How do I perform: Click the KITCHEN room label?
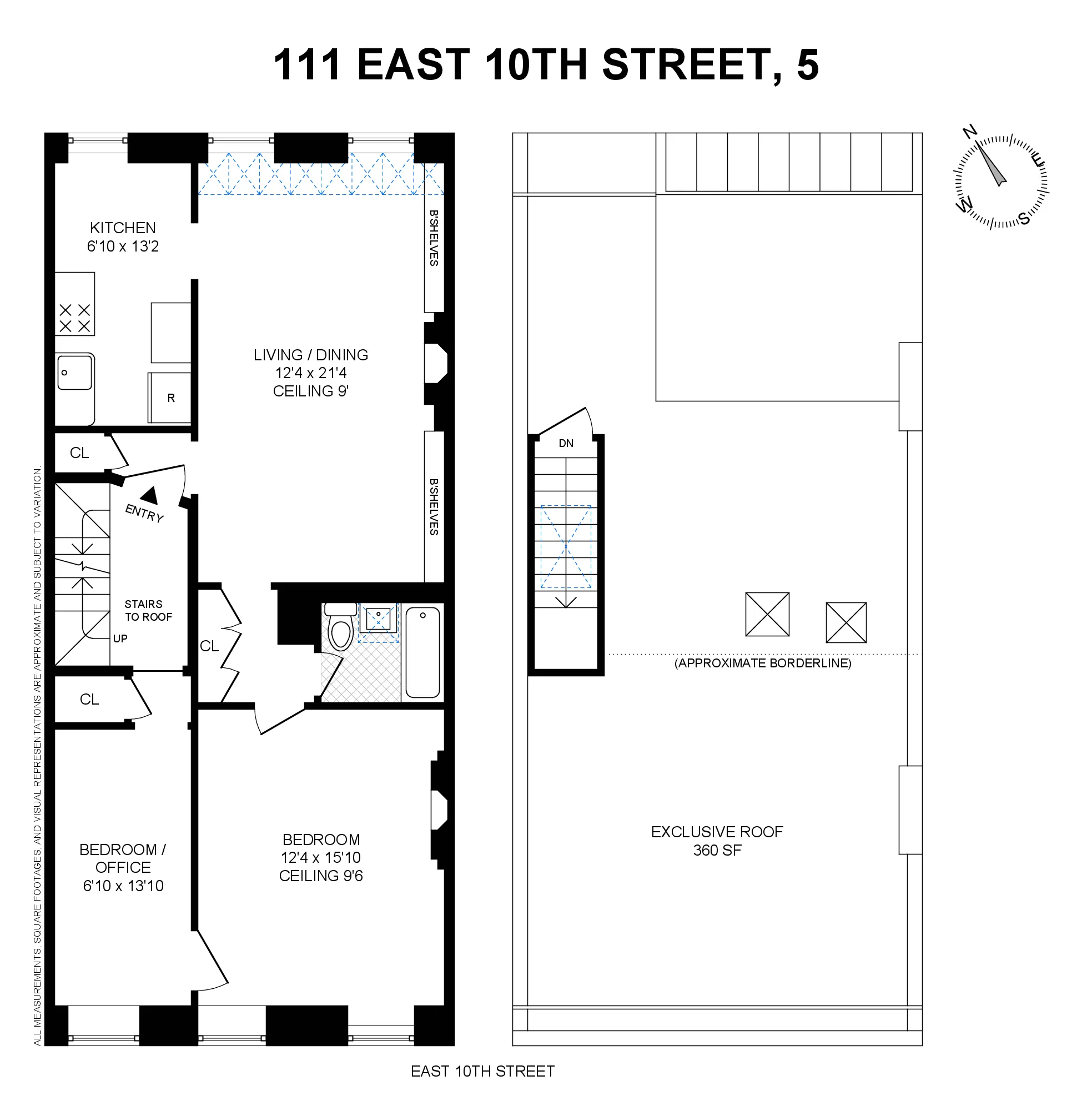pos(123,228)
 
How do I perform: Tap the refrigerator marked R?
pos(170,398)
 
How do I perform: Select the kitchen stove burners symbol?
pos(74,318)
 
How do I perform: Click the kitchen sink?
pos(74,372)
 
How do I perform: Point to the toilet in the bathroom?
pos(341,629)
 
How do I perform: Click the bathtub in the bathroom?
pos(422,652)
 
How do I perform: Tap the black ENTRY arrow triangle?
pos(149,495)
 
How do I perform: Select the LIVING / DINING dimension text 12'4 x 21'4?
pos(310,373)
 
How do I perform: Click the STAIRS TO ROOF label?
pos(148,610)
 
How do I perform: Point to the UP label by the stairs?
pos(120,639)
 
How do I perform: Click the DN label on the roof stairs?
pos(566,443)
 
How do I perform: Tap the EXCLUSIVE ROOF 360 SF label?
pos(717,841)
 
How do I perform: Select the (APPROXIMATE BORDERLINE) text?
pos(762,663)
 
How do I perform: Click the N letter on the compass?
pos(969,132)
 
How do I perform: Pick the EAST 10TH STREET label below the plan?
pos(482,1072)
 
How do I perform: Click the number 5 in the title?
pos(807,64)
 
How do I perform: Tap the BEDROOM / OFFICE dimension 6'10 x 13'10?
pos(123,886)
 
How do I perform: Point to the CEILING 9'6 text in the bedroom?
pos(321,876)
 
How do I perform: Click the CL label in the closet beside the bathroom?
pos(209,646)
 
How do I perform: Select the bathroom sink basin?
pos(378,618)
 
